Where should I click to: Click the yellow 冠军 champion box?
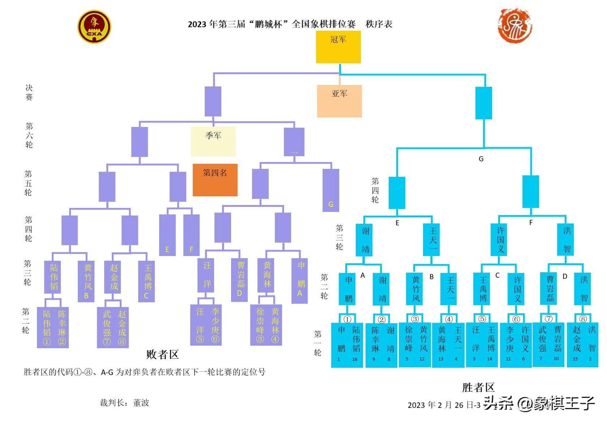point(338,47)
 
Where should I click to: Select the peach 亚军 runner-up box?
point(339,101)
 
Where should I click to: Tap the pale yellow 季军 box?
point(213,141)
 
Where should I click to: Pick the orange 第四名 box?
point(215,180)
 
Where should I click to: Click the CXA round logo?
point(94,26)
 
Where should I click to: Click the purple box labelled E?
point(167,235)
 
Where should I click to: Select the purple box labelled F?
point(191,235)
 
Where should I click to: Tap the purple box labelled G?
point(330,190)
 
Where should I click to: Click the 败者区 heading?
point(162,354)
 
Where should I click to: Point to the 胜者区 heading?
point(478,388)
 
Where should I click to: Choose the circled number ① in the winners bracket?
point(347,319)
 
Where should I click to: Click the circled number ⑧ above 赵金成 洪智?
point(582,319)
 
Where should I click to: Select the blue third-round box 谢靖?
point(364,240)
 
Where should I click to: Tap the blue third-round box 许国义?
point(500,239)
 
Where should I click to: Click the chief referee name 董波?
point(141,403)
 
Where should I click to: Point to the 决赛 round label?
point(29,92)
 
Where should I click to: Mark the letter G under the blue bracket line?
point(481,159)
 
